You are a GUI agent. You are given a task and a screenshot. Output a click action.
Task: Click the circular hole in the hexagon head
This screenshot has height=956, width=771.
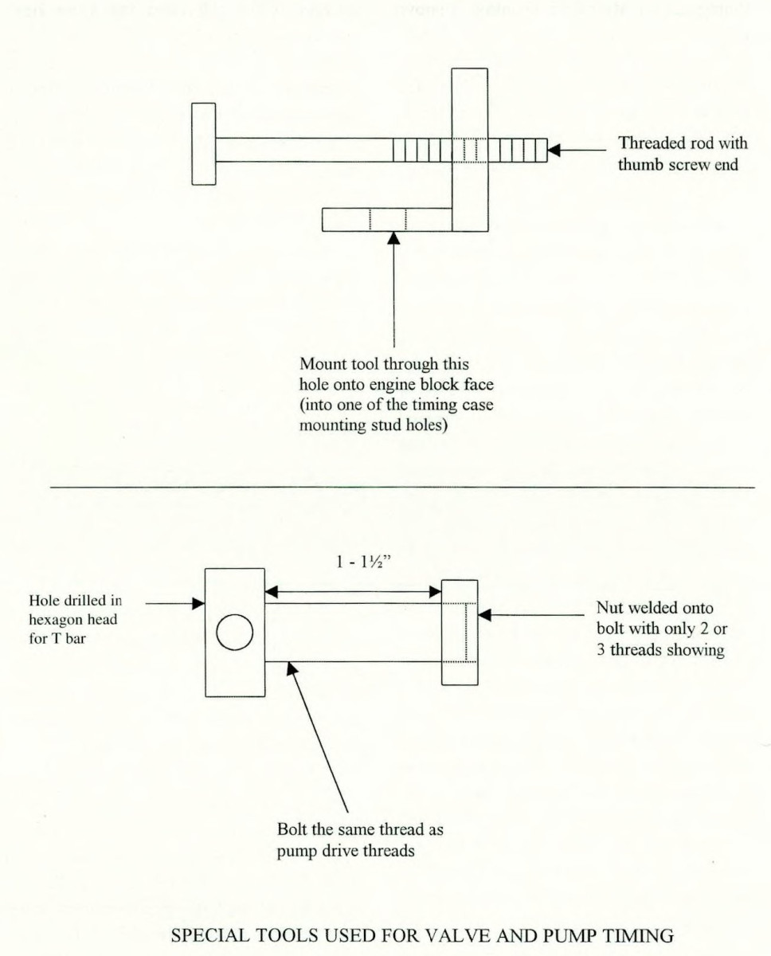pos(235,633)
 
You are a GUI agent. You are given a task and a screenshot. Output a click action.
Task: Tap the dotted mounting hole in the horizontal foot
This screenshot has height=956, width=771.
pos(387,219)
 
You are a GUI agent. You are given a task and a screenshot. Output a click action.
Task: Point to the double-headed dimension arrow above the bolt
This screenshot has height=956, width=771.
pos(354,591)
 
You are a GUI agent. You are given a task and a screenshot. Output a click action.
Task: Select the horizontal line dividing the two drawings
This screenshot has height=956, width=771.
pos(402,485)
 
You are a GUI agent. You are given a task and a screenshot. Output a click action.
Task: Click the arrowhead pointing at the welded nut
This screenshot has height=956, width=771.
pos(484,614)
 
